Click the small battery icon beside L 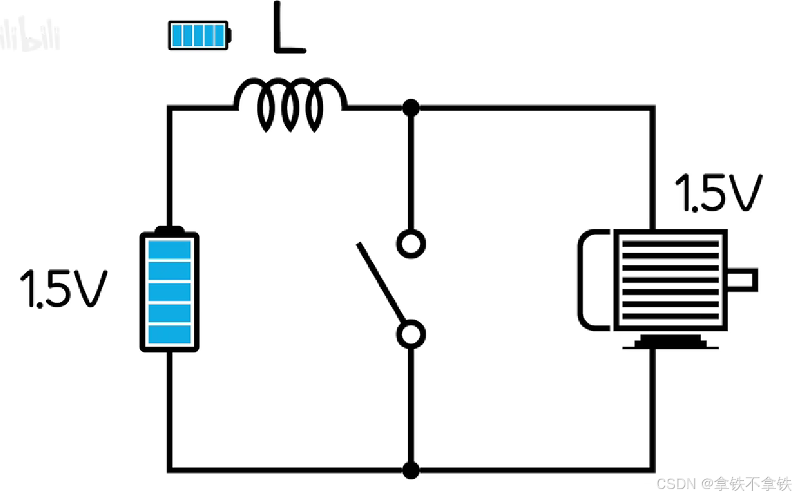pyautogui.click(x=199, y=35)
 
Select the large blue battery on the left pyautogui.click(x=170, y=290)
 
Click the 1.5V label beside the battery pyautogui.click(x=63, y=289)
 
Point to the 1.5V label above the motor pyautogui.click(x=719, y=193)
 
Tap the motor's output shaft pyautogui.click(x=743, y=280)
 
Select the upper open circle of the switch pyautogui.click(x=411, y=244)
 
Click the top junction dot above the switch pyautogui.click(x=411, y=108)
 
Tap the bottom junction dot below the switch pyautogui.click(x=411, y=469)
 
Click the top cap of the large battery pyautogui.click(x=170, y=230)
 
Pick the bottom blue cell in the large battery pyautogui.click(x=170, y=334)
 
